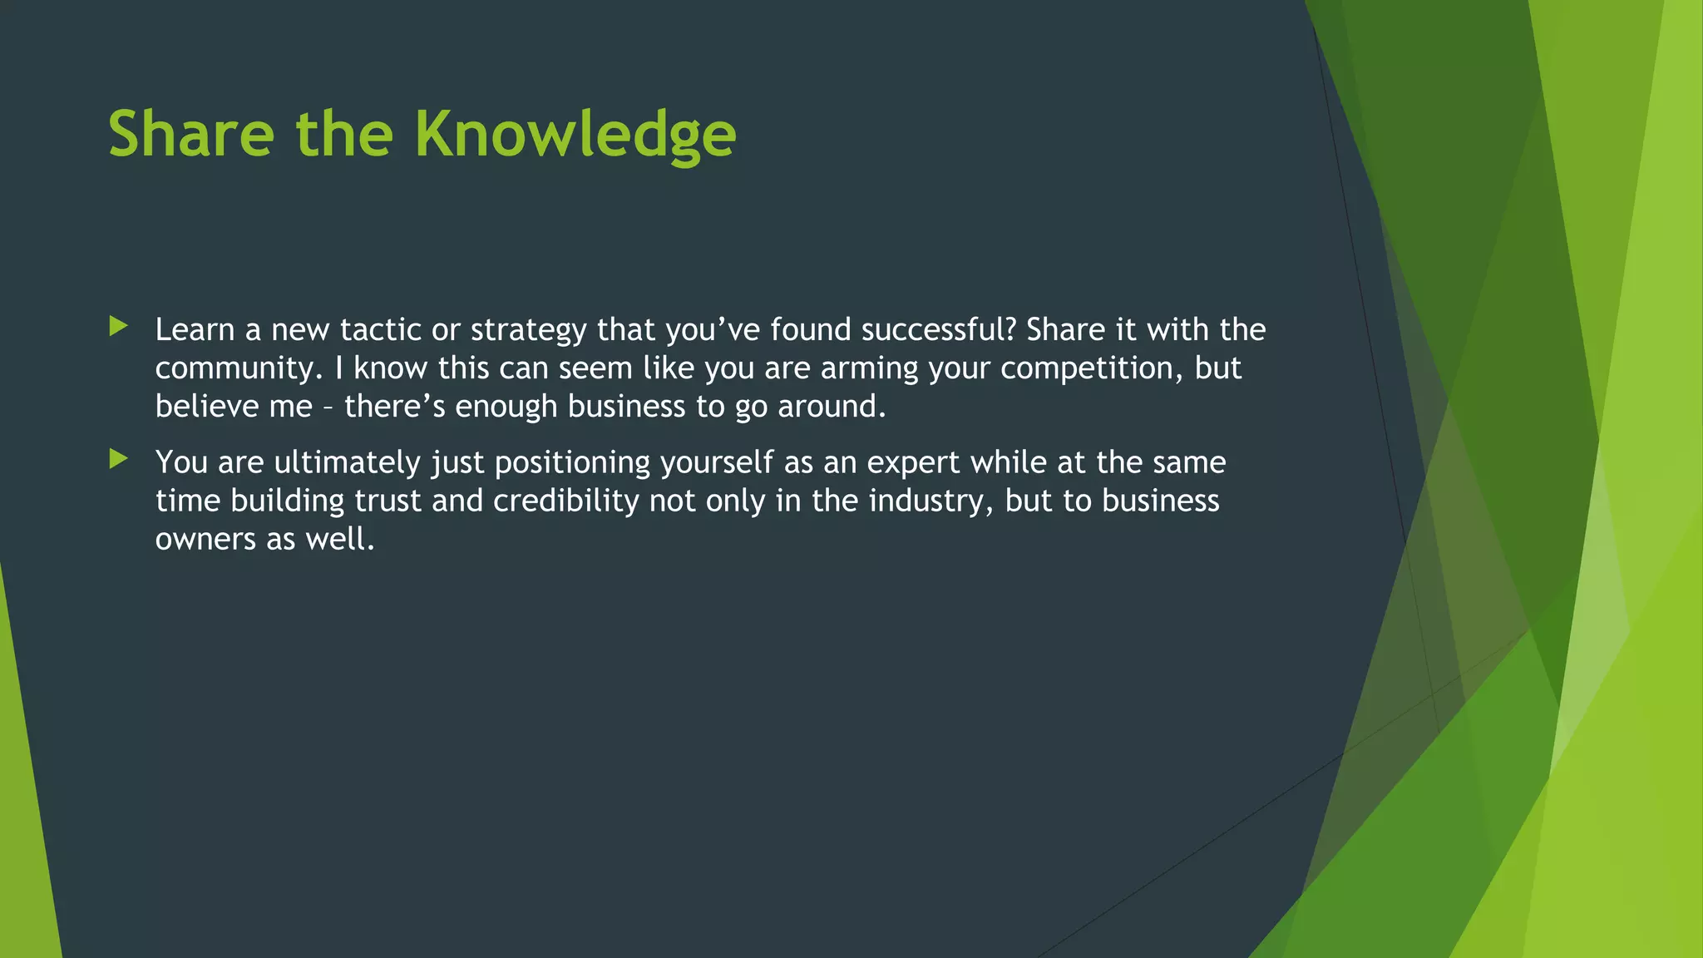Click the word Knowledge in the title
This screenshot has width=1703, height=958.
tap(575, 135)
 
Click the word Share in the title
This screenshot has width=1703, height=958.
tap(191, 135)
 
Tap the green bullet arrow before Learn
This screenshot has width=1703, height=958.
tap(118, 327)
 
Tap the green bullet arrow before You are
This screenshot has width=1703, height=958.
tap(118, 459)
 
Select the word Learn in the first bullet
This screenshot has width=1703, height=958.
tap(195, 330)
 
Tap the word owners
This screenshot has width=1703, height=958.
tap(205, 540)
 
